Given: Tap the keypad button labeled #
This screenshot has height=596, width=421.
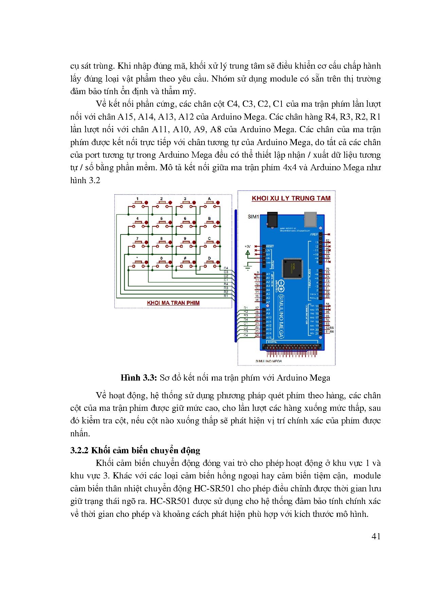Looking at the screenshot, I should click(185, 263).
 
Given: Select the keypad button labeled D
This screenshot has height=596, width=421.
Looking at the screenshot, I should click(209, 263).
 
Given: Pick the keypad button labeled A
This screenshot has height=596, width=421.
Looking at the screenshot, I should click(209, 203).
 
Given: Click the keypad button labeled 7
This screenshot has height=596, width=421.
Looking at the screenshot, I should click(137, 243).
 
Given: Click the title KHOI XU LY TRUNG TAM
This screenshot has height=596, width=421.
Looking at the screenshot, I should click(291, 198).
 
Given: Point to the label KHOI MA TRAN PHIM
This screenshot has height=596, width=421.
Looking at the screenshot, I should click(173, 303).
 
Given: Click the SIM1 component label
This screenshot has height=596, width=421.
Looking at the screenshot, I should click(253, 216).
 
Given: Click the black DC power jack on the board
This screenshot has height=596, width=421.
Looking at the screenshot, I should click(272, 219).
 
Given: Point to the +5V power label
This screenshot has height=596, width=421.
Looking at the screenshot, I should click(248, 247).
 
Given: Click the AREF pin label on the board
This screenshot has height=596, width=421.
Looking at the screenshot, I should click(314, 234).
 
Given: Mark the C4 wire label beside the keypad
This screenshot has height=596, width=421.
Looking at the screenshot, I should click(226, 268).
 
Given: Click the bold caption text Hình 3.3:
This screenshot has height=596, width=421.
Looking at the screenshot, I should click(139, 378).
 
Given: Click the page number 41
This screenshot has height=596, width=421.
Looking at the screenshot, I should click(376, 536).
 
